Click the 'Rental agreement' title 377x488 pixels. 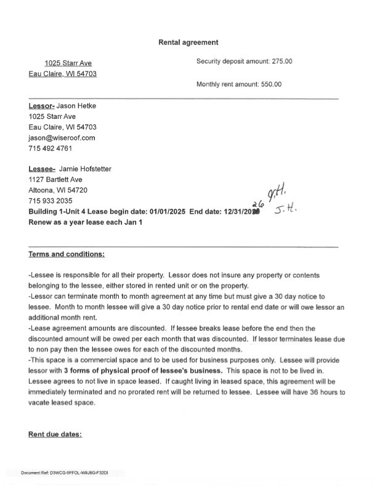pos(188,43)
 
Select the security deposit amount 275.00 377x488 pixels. pos(280,62)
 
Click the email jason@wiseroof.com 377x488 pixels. pos(62,138)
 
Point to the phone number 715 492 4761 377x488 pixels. pos(51,148)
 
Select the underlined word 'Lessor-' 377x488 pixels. pos(42,106)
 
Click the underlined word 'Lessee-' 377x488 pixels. pos(42,169)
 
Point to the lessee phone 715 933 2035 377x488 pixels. pos(51,201)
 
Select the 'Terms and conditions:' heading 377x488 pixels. pos(67,254)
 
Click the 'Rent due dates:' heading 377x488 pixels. pos(55,434)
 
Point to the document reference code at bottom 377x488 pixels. pos(65,473)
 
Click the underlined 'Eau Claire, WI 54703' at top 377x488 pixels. pos(63,74)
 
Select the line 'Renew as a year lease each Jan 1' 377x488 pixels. pos(86,222)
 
